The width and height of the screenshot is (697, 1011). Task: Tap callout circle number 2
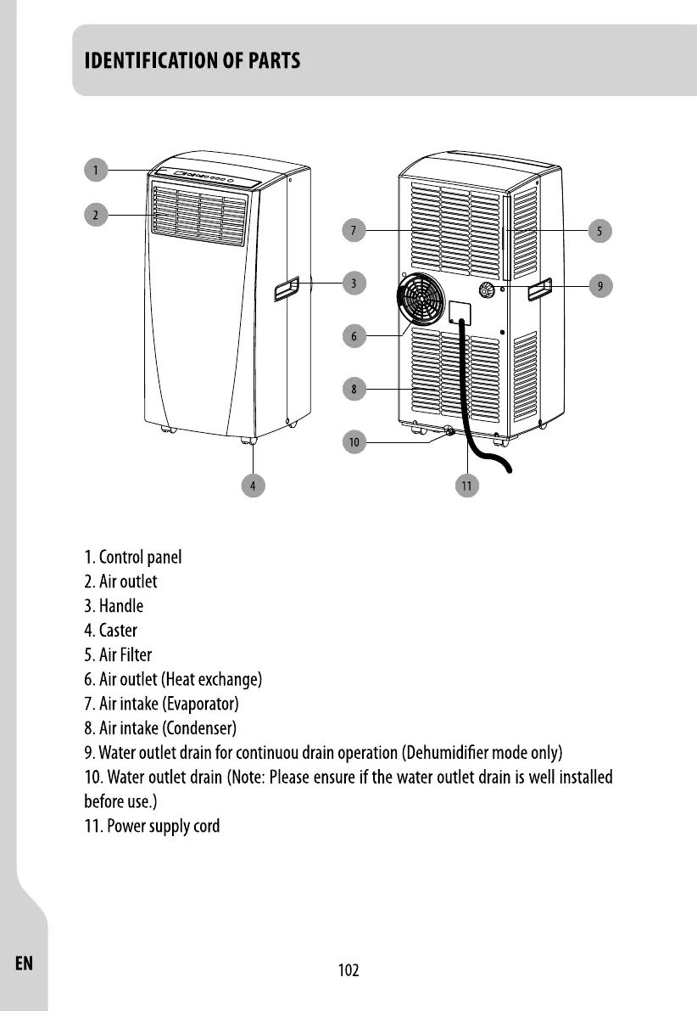[96, 215]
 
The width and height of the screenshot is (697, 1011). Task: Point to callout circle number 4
[252, 486]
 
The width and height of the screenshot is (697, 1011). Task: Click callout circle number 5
[599, 230]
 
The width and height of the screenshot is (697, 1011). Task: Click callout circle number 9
[599, 286]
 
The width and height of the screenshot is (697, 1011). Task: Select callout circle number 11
[466, 486]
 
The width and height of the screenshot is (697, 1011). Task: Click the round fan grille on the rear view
[421, 300]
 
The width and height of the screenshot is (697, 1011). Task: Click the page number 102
[348, 970]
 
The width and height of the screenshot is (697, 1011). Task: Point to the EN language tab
[24, 963]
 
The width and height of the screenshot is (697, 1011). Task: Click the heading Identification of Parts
[192, 62]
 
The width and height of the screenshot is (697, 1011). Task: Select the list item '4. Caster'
[111, 631]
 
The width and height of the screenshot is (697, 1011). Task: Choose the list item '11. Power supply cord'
[153, 826]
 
